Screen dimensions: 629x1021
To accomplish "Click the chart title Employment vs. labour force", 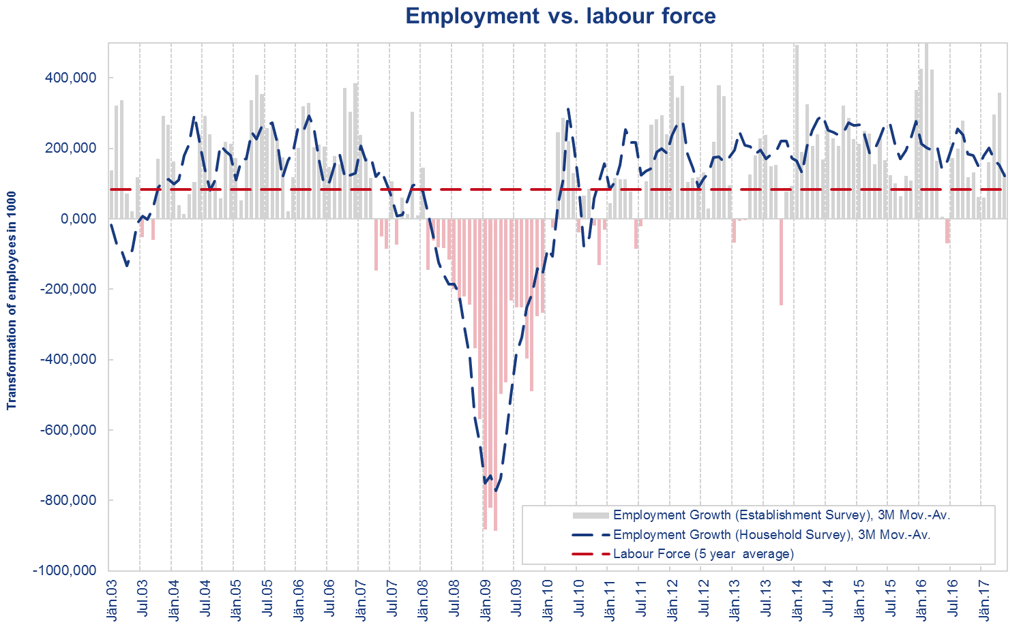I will [x=560, y=16].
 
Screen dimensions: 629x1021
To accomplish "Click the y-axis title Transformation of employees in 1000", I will [x=12, y=301].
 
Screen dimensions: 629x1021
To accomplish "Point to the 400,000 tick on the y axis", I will [x=72, y=78].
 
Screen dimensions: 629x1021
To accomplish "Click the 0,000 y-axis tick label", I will [x=77, y=219].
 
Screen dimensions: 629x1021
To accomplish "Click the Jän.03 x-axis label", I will [x=110, y=600].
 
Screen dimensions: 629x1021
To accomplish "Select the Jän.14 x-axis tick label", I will [x=795, y=600].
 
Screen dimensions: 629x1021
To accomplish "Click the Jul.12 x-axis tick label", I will [x=702, y=600].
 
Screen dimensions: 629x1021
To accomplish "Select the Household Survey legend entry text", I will [x=772, y=535].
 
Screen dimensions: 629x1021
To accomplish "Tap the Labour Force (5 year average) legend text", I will [x=703, y=554].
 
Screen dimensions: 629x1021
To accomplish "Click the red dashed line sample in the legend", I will [x=591, y=554].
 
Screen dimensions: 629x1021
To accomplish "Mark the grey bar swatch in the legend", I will [x=591, y=515].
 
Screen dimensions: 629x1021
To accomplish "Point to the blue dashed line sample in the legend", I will [x=591, y=535].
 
